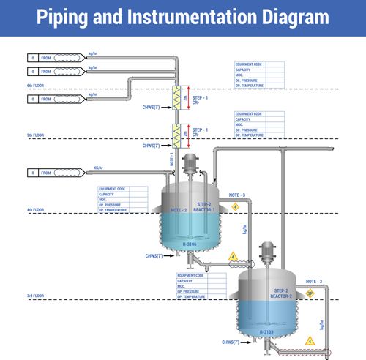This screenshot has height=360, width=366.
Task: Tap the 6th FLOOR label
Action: (35, 86)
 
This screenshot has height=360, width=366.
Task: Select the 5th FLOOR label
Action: (35, 135)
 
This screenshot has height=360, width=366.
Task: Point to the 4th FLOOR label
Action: (35, 210)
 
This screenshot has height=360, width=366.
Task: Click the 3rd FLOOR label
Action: (35, 296)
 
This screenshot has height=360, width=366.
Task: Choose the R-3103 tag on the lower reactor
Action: (266, 332)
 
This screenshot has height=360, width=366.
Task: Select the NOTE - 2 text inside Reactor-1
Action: (179, 210)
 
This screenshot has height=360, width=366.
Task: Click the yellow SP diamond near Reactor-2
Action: (310, 293)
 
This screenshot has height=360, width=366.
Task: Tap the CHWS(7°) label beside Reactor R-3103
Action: (233, 342)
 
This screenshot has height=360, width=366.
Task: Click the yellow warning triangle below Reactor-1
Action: (232, 256)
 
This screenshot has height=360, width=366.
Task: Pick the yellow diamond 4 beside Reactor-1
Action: (235, 207)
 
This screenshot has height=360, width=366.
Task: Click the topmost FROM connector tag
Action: (45, 57)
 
